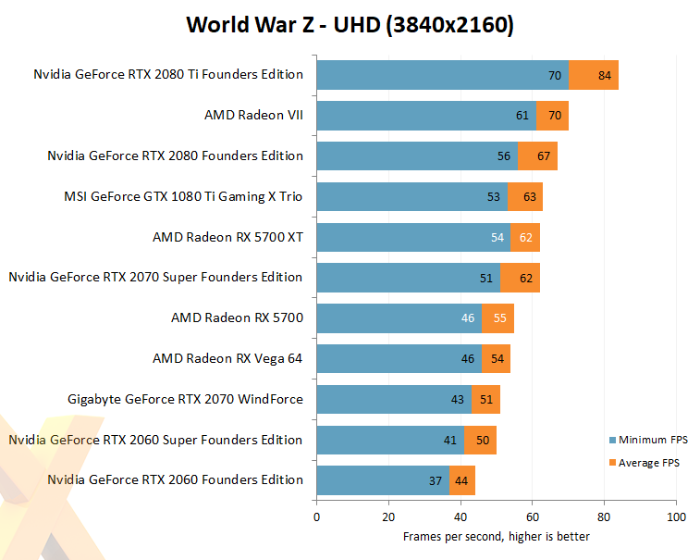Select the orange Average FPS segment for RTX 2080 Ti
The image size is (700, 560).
tap(594, 75)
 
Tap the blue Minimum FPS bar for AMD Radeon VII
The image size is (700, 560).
tap(426, 116)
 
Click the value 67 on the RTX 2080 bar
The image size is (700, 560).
tap(544, 156)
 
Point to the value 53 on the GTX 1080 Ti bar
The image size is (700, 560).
tap(493, 196)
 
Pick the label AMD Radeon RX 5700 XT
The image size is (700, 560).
tap(227, 237)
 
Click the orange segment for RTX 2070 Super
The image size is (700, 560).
tap(520, 278)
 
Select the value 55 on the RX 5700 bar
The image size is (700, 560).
tap(499, 317)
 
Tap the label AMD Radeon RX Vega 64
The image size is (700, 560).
tap(227, 358)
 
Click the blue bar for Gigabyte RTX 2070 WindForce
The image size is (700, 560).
tap(394, 399)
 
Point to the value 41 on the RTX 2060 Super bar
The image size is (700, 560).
tap(450, 441)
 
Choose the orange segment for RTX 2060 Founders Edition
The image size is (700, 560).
tap(462, 480)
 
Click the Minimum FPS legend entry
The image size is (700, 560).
tap(648, 440)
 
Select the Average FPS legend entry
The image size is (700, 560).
tap(645, 463)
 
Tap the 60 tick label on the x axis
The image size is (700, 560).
tap(532, 517)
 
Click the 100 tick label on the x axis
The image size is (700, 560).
tap(676, 517)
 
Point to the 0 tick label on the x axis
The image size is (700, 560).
tap(316, 517)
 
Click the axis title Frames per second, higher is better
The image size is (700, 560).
tap(497, 536)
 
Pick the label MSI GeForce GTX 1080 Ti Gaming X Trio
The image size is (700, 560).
tap(183, 196)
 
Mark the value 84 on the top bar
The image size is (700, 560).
tap(605, 76)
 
